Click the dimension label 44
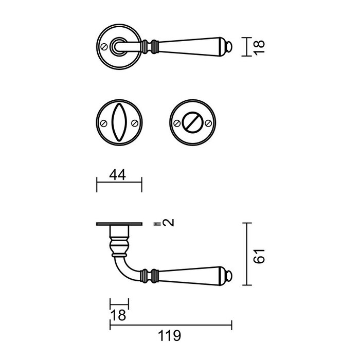point(119,175)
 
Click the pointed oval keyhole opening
point(119,123)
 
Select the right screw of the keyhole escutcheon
point(135,123)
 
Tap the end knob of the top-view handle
point(230,47)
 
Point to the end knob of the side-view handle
point(230,277)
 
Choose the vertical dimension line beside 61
point(248,254)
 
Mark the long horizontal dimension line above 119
point(170,323)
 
